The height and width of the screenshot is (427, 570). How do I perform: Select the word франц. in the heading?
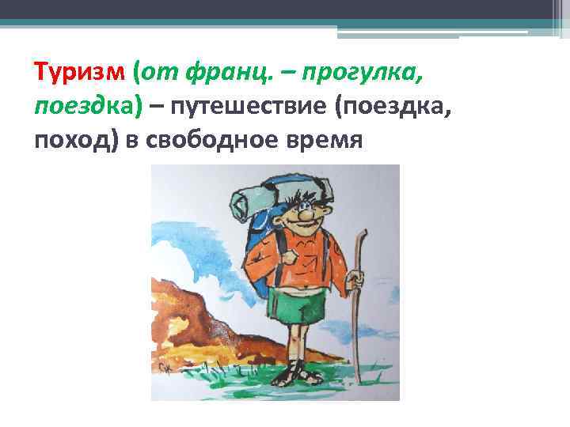221,74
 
